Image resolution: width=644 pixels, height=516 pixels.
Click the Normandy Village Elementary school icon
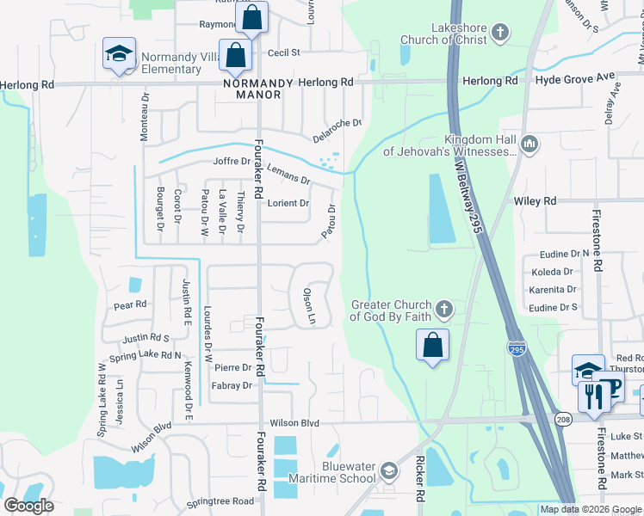[x=119, y=53]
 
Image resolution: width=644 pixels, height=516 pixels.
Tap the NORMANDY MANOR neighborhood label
[x=251, y=89]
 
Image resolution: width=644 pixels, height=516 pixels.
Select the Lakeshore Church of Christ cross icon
[x=500, y=34]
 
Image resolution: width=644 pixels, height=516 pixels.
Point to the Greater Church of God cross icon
[x=443, y=308]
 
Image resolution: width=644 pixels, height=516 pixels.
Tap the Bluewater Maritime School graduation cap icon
[x=389, y=470]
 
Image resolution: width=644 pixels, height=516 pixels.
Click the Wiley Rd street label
[x=535, y=200]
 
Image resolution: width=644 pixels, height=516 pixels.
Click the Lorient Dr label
[x=288, y=204]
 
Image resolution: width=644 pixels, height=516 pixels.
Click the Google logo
[x=29, y=505]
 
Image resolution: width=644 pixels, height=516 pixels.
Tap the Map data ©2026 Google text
[x=591, y=509]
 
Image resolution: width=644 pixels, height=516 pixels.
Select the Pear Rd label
[x=131, y=305]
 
